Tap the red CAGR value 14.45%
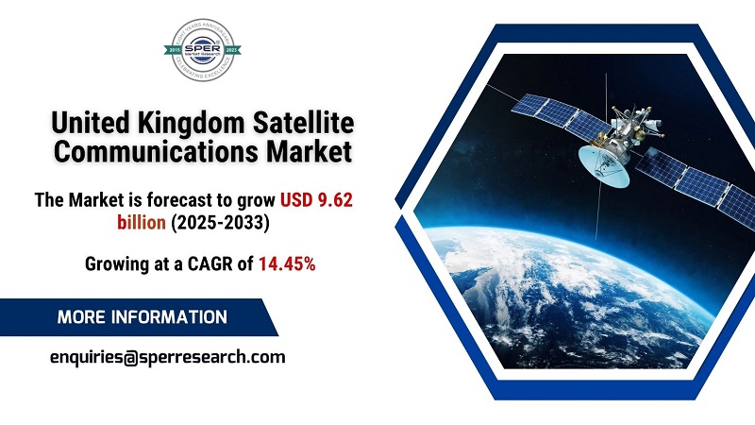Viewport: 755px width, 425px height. pos(287,265)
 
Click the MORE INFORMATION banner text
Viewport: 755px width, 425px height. pos(142,317)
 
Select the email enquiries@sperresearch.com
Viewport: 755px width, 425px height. pos(167,356)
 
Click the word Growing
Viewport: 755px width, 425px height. pos(113,265)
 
